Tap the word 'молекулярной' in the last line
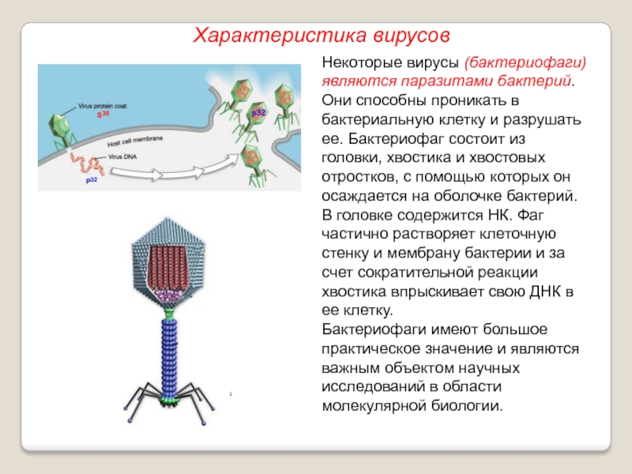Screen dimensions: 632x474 point(372,407)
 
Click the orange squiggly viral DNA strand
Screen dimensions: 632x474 point(85,166)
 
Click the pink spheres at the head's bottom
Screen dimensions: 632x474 point(167,295)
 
